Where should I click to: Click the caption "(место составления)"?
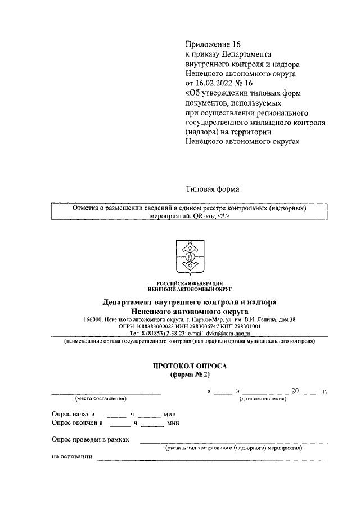[100, 399]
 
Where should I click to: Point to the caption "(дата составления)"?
[263, 399]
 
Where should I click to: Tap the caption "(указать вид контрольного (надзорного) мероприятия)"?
[233, 448]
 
